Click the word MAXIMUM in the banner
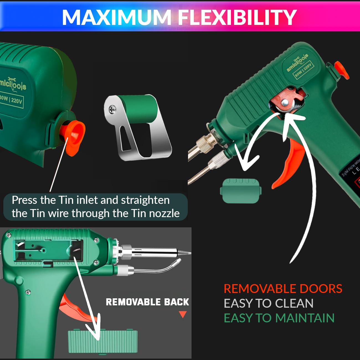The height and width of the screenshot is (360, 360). pyautogui.click(x=117, y=17)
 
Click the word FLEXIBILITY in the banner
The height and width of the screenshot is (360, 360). pyautogui.click(x=237, y=17)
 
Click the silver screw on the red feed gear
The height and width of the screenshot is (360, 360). pyautogui.click(x=285, y=103)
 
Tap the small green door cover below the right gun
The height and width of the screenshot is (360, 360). pyautogui.click(x=241, y=191)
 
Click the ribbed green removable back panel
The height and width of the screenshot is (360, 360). pyautogui.click(x=103, y=341)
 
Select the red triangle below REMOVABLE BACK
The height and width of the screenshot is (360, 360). pyautogui.click(x=182, y=314)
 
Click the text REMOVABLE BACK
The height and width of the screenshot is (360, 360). pyautogui.click(x=147, y=302)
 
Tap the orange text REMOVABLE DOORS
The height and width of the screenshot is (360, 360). pyautogui.click(x=283, y=289)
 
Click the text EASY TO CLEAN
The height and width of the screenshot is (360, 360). pyautogui.click(x=268, y=304)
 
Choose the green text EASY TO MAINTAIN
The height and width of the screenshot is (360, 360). pyautogui.click(x=279, y=318)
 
